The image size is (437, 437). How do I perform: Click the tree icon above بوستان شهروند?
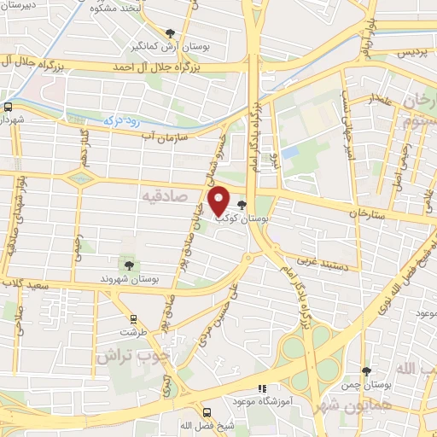coord(127,265)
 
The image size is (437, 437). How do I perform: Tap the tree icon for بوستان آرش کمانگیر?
coord(170,33)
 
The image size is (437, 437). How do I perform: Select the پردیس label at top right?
coord(407,53)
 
